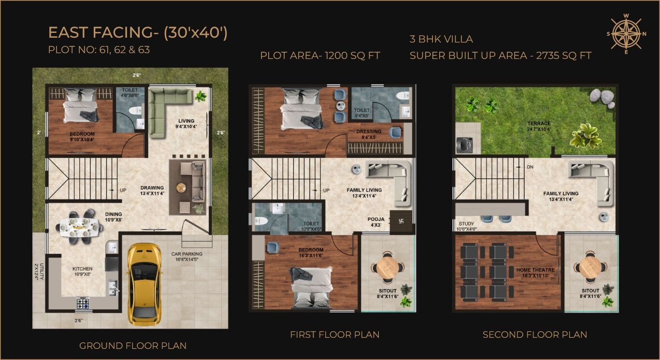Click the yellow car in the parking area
pyautogui.click(x=144, y=283)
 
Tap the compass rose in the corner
pyautogui.click(x=626, y=34)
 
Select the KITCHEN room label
pyautogui.click(x=82, y=269)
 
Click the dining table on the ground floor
pyautogui.click(x=80, y=226)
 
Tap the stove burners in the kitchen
pyautogui.click(x=83, y=303)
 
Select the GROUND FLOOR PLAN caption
pyautogui.click(x=133, y=346)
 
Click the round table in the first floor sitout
pyautogui.click(x=387, y=266)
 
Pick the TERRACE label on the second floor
pyautogui.click(x=539, y=124)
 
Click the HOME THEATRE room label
pyautogui.click(x=535, y=270)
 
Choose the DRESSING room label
pyautogui.click(x=369, y=131)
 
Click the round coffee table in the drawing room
pyautogui.click(x=181, y=187)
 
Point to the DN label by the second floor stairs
pyautogui.click(x=530, y=167)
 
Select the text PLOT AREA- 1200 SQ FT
pyautogui.click(x=320, y=56)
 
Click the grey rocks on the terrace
pyautogui.click(x=601, y=97)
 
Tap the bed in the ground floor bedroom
pyautogui.click(x=81, y=107)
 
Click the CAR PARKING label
pyautogui.click(x=187, y=254)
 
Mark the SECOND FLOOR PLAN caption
pyautogui.click(x=535, y=334)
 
